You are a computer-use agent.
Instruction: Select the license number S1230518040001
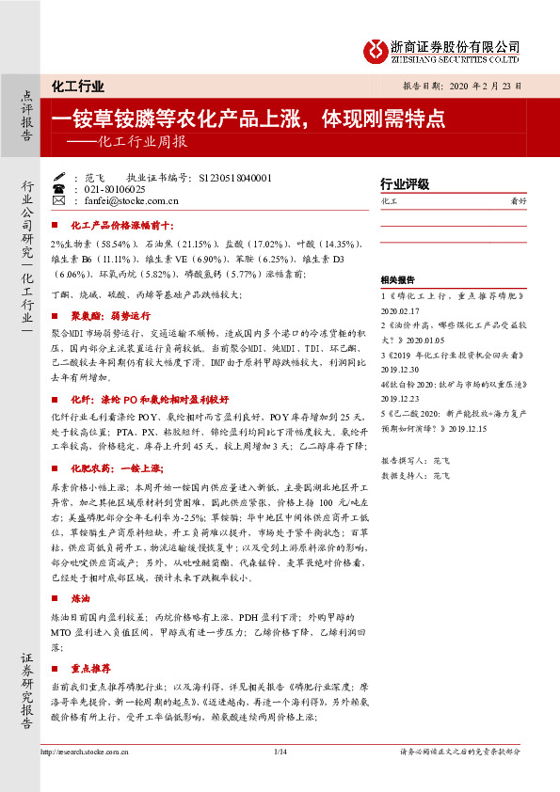(x=231, y=178)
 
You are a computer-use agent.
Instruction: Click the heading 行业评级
(x=405, y=183)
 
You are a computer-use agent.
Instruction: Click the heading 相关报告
(x=396, y=279)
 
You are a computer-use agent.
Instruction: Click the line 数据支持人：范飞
(x=416, y=476)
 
